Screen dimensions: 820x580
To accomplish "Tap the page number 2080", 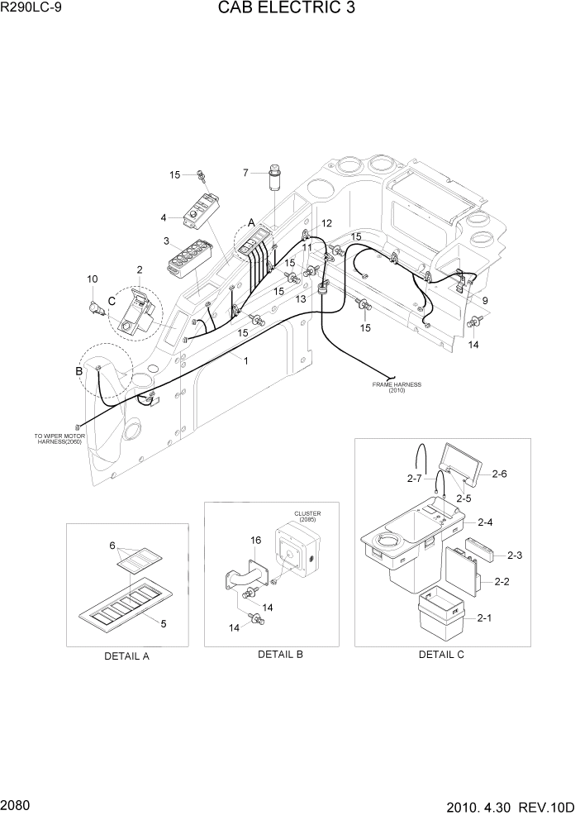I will point(17,804).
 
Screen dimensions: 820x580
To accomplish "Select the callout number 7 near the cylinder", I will point(245,173).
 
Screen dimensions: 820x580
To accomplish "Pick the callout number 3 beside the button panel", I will point(166,241).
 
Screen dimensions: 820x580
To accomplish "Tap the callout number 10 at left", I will point(92,279).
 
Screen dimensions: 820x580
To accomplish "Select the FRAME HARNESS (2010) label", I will point(397,387).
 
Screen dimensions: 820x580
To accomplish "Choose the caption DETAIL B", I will point(280,655).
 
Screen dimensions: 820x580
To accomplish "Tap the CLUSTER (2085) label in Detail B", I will point(307,517).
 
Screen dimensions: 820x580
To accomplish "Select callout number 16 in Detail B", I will point(255,541).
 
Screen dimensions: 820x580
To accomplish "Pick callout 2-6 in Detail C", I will point(499,474).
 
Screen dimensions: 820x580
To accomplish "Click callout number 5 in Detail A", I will point(164,623).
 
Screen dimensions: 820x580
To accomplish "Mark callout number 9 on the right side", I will point(484,301).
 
